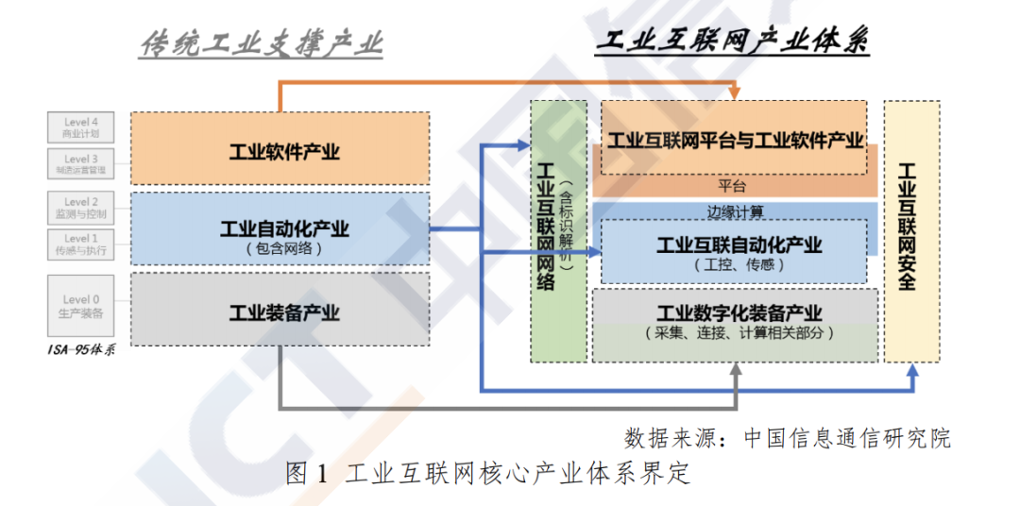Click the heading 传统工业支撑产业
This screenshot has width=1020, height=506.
pos(261,43)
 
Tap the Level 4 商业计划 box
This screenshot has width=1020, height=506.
pos(80,126)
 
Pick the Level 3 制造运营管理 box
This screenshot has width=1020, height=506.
pos(80,164)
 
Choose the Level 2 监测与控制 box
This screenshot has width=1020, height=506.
pos(80,208)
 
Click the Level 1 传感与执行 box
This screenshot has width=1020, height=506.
pos(80,245)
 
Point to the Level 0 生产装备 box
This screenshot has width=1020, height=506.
pos(80,306)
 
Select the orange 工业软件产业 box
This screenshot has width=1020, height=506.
pos(280,151)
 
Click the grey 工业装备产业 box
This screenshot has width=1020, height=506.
pos(280,312)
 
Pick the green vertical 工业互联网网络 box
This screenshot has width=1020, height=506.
pos(557,231)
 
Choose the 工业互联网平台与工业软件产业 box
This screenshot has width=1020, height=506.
pos(734,140)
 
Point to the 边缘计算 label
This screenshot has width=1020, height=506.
pos(735,210)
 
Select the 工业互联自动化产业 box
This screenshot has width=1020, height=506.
pos(734,252)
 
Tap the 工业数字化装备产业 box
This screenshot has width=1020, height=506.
pos(735,322)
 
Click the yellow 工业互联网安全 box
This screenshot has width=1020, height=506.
pos(910,231)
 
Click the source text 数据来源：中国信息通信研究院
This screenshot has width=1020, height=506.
pos(787,438)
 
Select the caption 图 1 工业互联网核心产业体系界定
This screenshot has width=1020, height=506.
pos(487,473)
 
